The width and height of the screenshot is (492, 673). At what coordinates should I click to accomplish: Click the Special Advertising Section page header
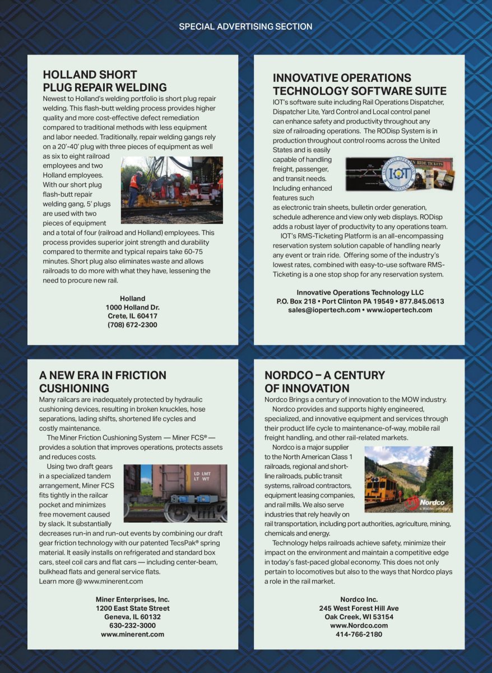[245, 26]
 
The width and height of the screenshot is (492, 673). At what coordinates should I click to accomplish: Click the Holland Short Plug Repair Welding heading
[105, 81]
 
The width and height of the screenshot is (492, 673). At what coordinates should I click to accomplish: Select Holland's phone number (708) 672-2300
[132, 325]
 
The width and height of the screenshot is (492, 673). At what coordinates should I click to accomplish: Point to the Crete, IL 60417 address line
[132, 316]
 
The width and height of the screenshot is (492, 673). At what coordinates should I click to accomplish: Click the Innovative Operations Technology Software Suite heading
[359, 85]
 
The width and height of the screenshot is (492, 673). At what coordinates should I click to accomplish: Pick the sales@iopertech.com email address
[324, 310]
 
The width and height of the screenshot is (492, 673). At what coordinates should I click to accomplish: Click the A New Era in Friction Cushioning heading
[103, 381]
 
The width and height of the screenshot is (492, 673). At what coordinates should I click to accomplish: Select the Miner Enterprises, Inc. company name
[132, 600]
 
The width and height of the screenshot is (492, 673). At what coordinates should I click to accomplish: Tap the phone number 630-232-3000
[132, 625]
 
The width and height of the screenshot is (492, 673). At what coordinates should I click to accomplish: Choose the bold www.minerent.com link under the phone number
[132, 634]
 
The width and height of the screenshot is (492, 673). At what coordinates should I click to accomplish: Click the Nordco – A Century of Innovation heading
[324, 381]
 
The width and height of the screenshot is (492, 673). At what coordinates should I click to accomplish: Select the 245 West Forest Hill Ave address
[359, 608]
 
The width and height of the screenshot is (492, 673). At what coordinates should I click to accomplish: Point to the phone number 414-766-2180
[359, 634]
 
